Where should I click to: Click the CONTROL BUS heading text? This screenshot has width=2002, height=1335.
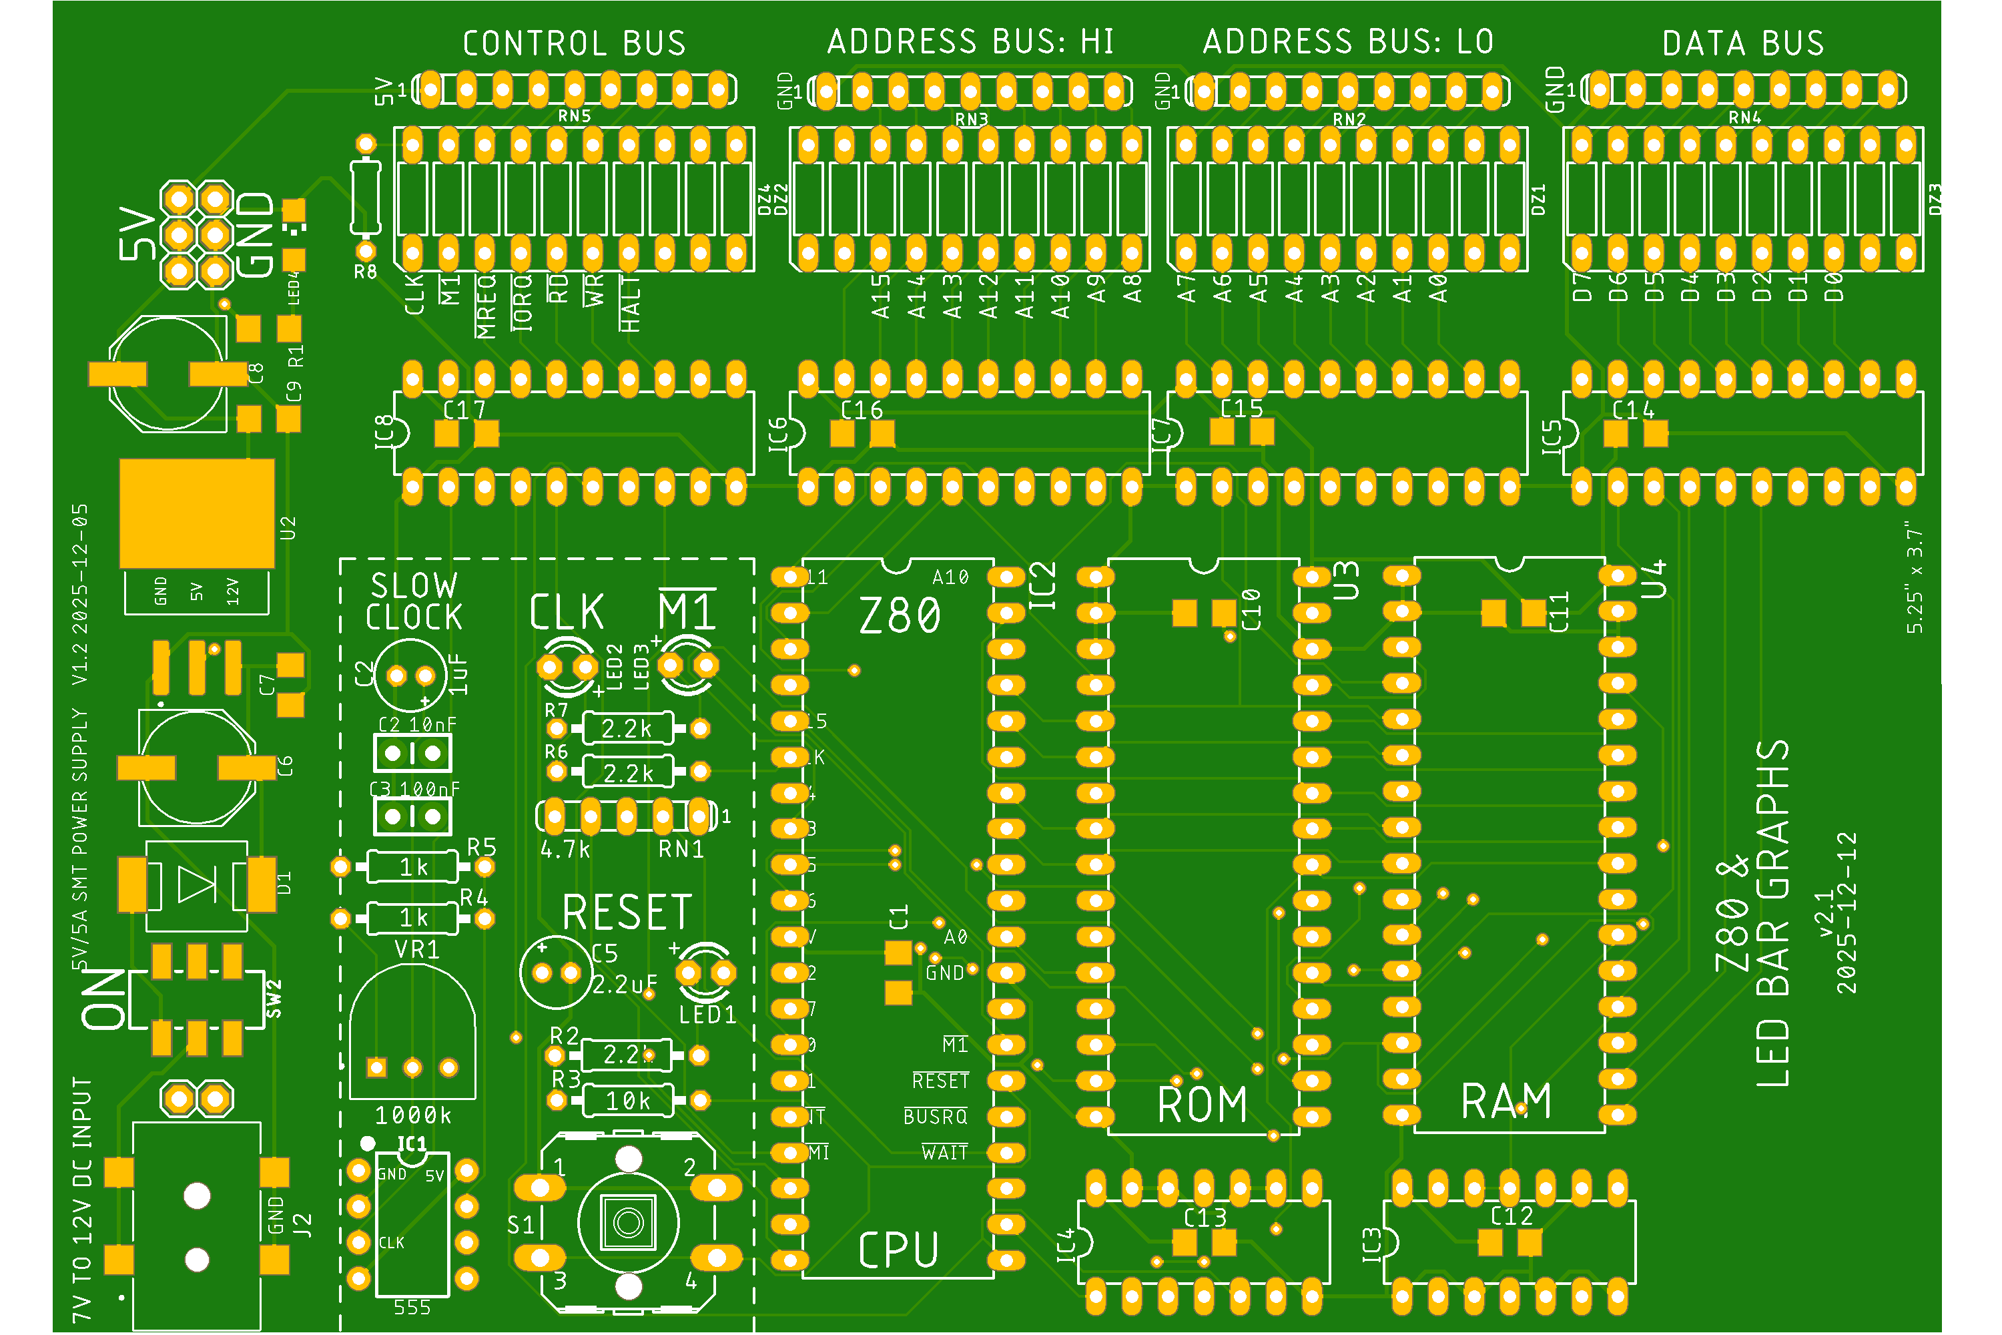click(574, 43)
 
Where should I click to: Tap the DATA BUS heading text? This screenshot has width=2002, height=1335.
click(1742, 43)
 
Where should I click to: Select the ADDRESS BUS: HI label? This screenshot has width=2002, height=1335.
click(970, 41)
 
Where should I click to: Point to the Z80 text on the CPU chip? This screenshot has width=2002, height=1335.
click(900, 615)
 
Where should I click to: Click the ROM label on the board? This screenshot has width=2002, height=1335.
click(1202, 1105)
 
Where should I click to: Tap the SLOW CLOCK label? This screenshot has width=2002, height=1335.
click(414, 601)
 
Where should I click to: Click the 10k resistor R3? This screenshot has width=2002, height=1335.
click(627, 1101)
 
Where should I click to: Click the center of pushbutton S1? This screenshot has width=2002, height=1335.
click(628, 1223)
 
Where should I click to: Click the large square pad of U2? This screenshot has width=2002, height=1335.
click(197, 513)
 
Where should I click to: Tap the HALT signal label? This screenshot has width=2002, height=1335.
click(630, 304)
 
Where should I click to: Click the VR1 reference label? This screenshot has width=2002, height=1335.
click(417, 949)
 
